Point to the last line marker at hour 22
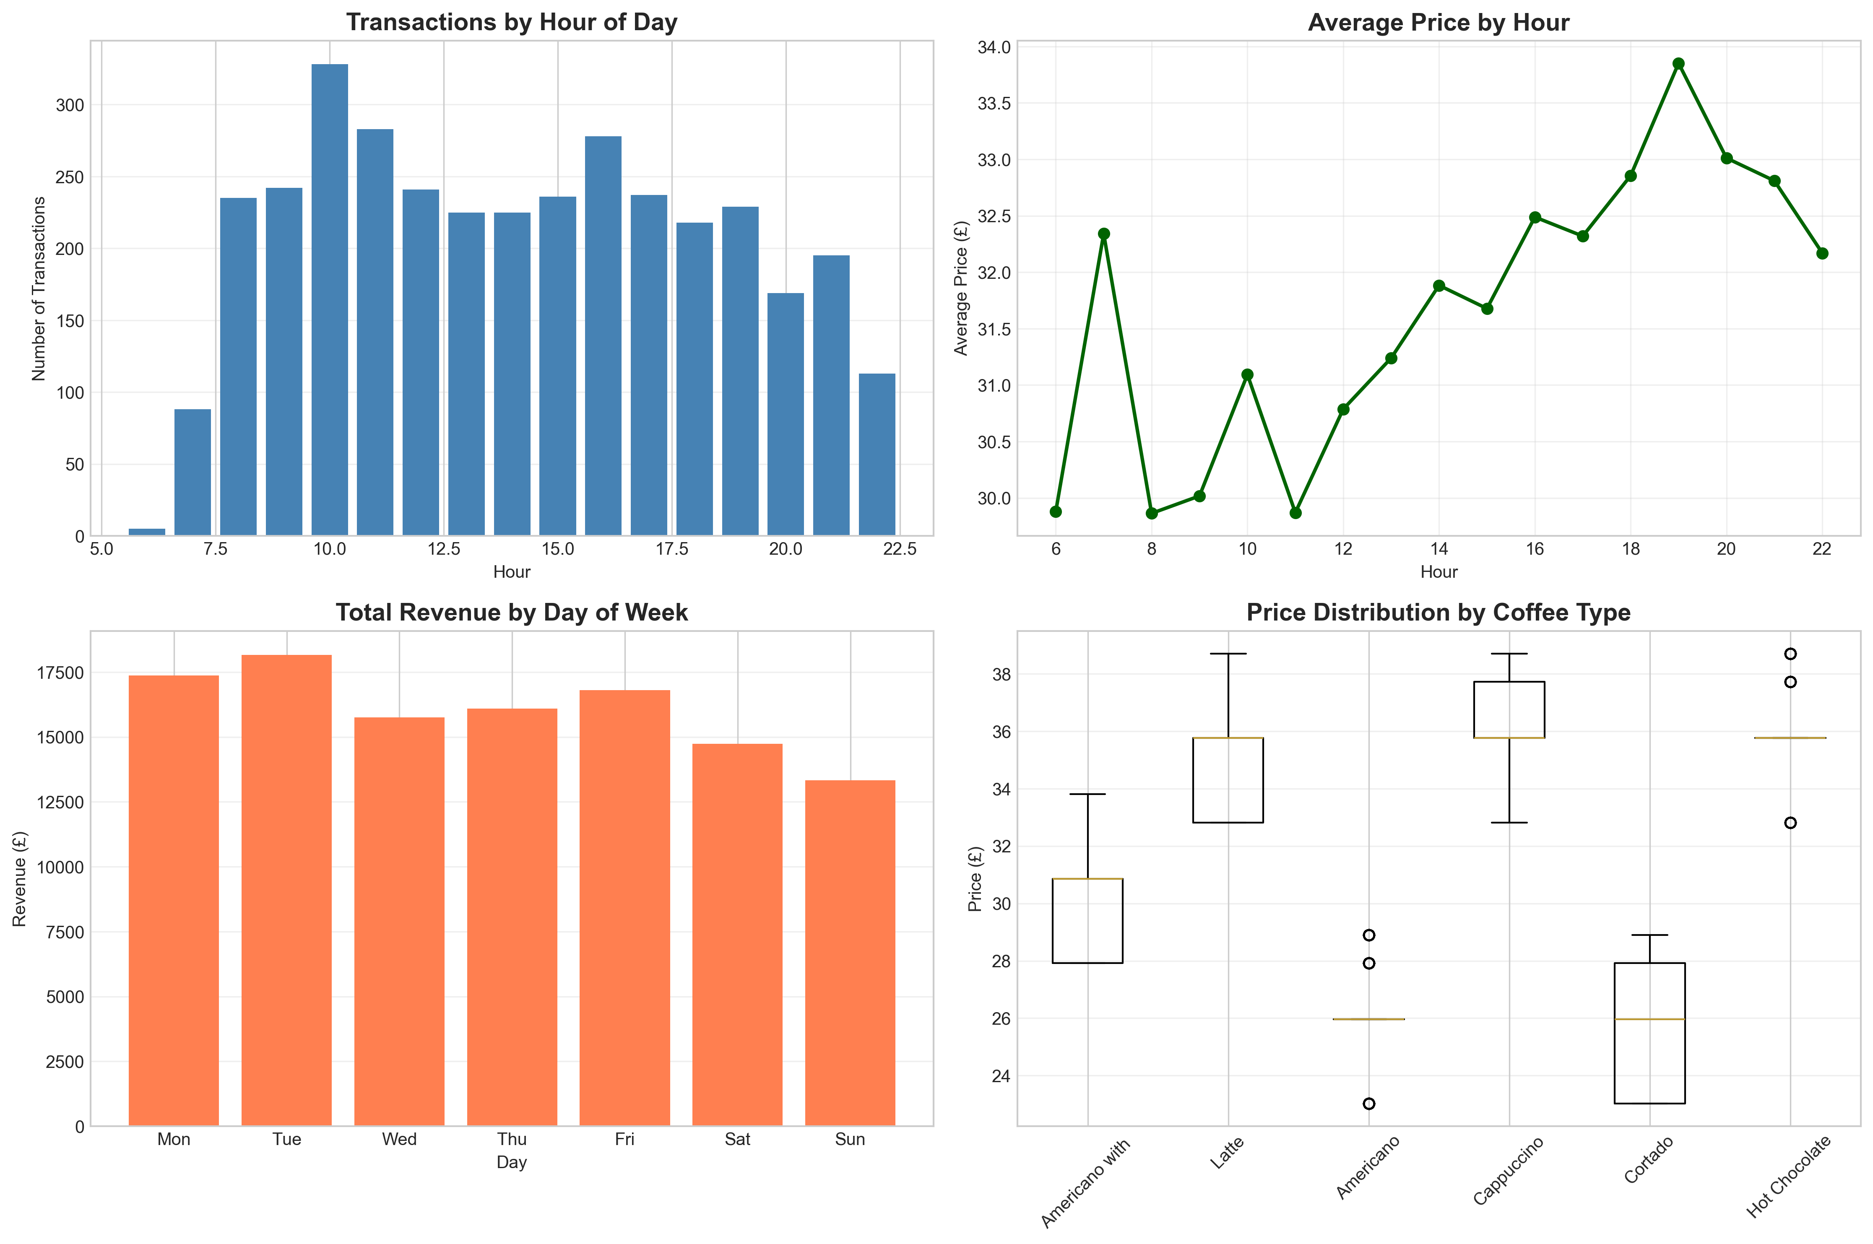1822,253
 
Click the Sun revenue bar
850,952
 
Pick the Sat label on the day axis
737,1139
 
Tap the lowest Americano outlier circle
1369,1104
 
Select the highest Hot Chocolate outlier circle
1790,654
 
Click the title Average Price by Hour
1438,22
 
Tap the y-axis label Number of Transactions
38,289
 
